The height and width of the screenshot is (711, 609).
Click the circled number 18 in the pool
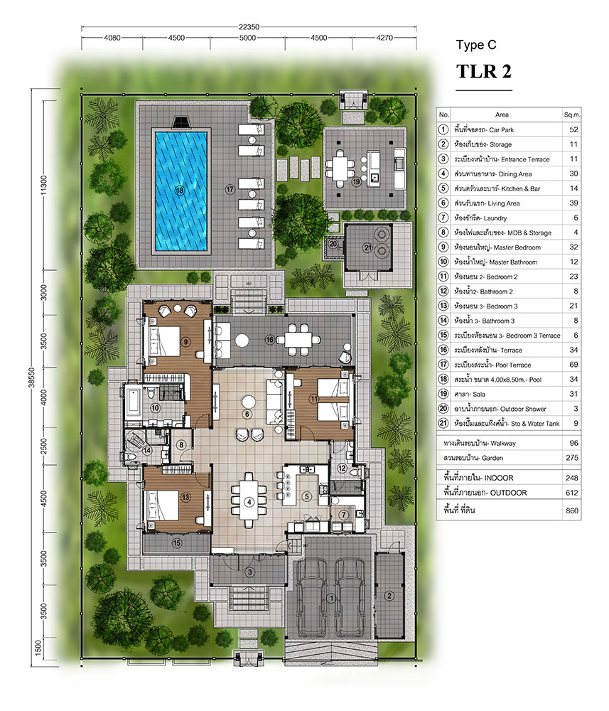click(180, 190)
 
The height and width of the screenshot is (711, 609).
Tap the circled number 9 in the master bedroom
click(185, 341)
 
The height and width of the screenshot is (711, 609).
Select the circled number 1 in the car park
click(331, 599)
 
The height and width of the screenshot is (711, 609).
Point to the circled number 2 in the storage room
click(389, 596)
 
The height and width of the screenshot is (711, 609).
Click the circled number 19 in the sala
click(357, 181)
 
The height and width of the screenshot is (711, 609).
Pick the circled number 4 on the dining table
click(249, 502)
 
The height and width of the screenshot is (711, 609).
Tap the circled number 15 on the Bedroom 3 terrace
click(177, 542)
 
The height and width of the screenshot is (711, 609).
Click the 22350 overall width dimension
click(249, 27)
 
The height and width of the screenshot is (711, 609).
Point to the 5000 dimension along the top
click(247, 38)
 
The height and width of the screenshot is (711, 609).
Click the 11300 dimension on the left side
click(43, 185)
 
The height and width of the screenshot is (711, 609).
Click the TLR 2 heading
click(483, 71)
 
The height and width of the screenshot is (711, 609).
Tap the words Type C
click(476, 44)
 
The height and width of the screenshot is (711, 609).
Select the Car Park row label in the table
click(502, 129)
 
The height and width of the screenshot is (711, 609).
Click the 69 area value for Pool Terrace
click(573, 365)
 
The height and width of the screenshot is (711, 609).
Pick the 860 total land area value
click(572, 510)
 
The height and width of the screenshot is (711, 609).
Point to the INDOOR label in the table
click(498, 478)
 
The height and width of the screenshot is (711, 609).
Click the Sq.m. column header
click(572, 114)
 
